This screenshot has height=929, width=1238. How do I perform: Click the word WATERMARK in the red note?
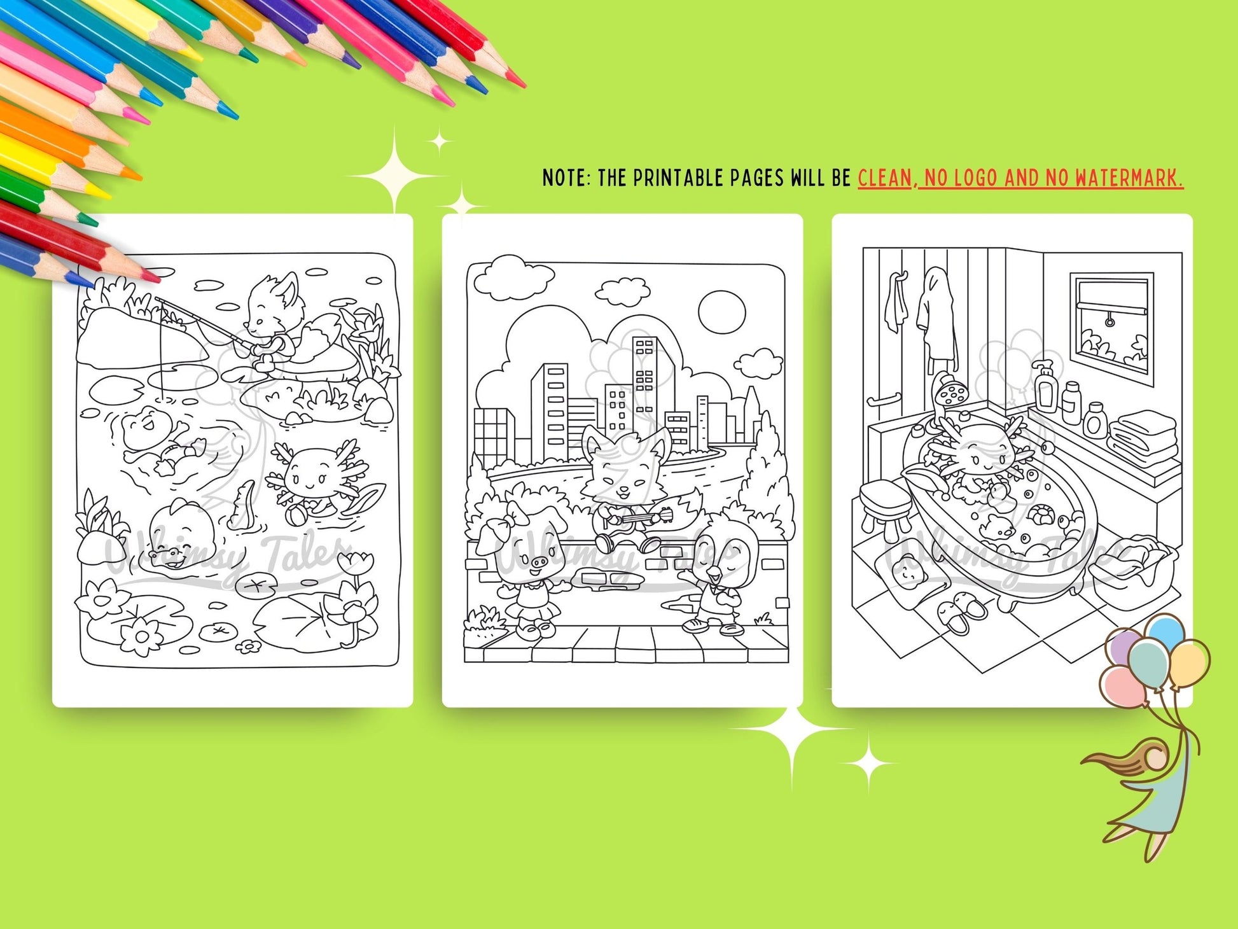pyautogui.click(x=1129, y=178)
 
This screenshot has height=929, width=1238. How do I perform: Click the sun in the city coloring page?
pyautogui.click(x=721, y=312)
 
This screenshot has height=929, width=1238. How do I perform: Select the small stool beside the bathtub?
pyautogui.click(x=887, y=506)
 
